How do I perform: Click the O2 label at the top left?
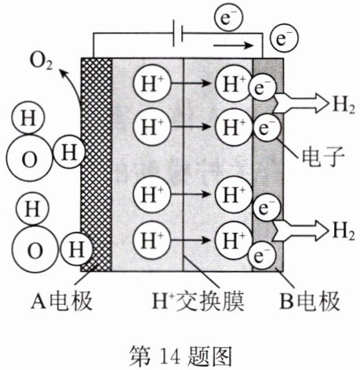coord(42,62)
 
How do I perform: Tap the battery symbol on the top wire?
coord(177,34)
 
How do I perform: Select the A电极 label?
coord(62,301)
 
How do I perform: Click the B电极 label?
coord(310,301)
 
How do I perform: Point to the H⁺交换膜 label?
coord(198,301)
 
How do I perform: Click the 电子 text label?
coord(323,157)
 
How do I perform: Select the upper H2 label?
coord(344,106)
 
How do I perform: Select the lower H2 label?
coord(344,231)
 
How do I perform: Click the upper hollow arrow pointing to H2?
coord(300,103)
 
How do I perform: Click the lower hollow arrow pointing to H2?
coord(300,230)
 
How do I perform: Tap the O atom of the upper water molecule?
coord(29,159)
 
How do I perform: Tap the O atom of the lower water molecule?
coord(35,250)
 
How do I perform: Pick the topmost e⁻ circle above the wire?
coord(228,18)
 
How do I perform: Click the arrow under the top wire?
coord(234,46)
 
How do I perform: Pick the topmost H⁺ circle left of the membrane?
coord(152,84)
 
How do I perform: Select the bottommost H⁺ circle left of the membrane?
coord(152,240)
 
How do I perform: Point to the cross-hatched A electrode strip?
coord(96,165)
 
